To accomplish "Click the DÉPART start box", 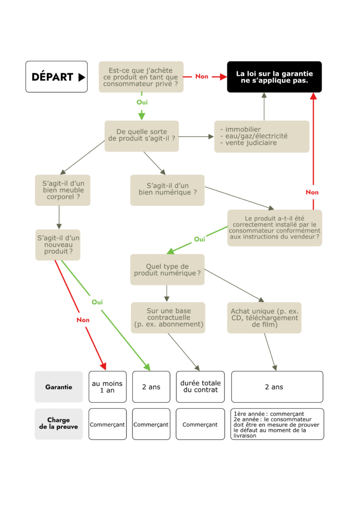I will (57, 77).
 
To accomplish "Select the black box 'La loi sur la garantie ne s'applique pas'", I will (274, 77).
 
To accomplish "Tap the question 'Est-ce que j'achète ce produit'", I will (141, 77).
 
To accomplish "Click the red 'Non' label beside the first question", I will (202, 77).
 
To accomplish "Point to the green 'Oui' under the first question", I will (142, 102).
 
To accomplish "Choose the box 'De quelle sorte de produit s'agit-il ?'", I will (142, 136).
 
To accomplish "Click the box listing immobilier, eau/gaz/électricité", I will (262, 136).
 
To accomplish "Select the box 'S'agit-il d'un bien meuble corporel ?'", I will (63, 190).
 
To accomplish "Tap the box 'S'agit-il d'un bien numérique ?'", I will (167, 190).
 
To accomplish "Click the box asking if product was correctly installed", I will (274, 227).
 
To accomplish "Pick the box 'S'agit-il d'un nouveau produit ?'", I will (58, 245).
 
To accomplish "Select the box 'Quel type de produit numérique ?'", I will (167, 269).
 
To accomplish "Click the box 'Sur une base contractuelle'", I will (168, 318).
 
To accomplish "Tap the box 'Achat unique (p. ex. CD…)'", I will (264, 318).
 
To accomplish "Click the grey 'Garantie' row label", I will (59, 387).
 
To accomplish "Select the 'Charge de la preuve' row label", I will (59, 424).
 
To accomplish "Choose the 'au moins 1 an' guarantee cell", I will (107, 387).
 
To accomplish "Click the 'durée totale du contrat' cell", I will (200, 387).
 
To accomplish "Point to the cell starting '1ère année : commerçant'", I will (277, 424).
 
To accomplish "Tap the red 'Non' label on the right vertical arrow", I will (312, 192).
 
